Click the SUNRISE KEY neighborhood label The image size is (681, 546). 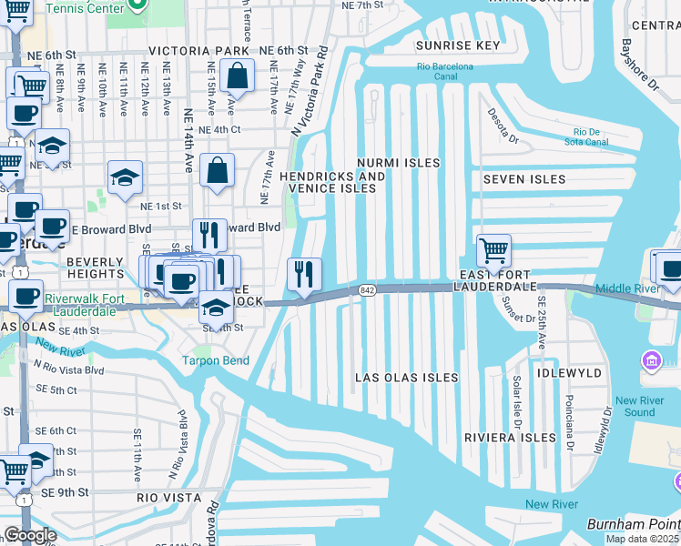coord(458,45)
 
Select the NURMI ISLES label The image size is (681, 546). coord(398,163)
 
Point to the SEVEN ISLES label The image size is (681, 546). coord(523,180)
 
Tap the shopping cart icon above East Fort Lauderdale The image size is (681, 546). coord(493,250)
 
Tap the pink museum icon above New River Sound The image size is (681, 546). coord(651,362)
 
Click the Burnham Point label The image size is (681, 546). coord(632,524)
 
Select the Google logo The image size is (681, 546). coord(29,535)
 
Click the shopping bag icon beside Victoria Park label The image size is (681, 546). coord(237,78)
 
